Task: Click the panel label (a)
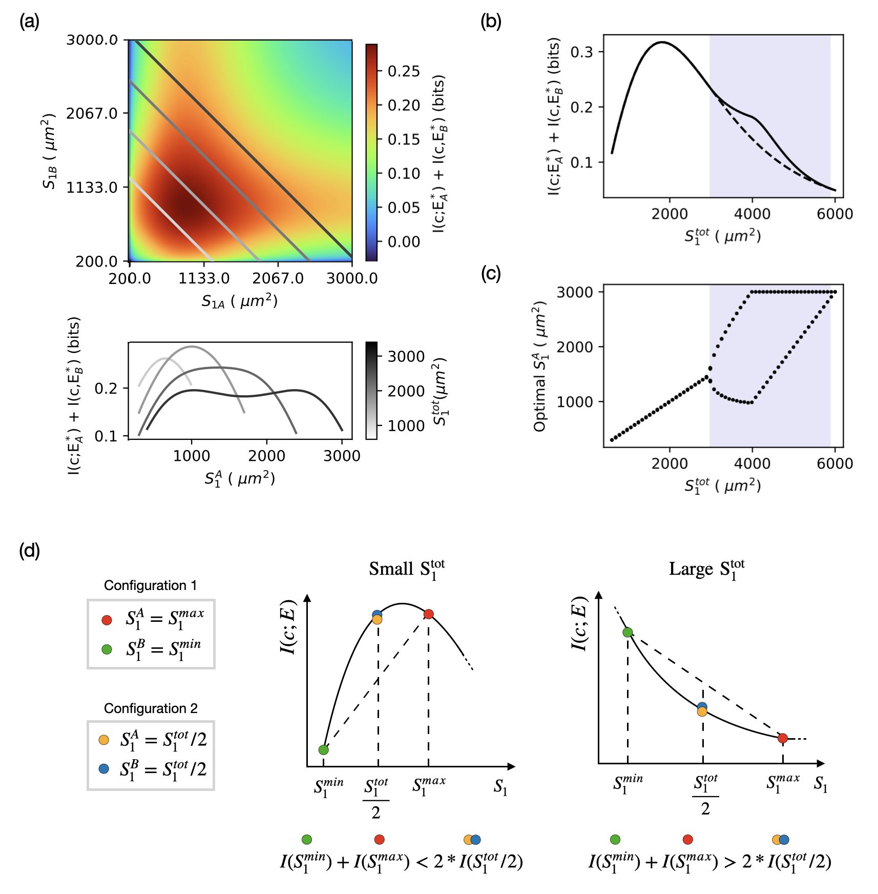tap(29, 22)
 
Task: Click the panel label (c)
tap(491, 273)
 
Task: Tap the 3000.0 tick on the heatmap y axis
tap(92, 40)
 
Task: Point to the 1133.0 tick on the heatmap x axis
tap(204, 278)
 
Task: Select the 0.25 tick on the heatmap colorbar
tap(404, 71)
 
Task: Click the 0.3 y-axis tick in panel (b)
tap(581, 52)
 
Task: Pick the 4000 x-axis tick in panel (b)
tap(752, 214)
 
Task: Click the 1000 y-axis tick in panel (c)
tap(575, 402)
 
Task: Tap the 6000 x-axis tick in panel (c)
tap(834, 463)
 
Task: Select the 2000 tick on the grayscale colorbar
tap(406, 391)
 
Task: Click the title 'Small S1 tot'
tap(407, 570)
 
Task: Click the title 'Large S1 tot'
tap(706, 570)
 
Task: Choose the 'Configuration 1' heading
tap(150, 585)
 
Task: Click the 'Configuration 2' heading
tap(151, 708)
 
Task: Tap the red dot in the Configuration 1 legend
tap(107, 620)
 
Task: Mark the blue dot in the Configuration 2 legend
tap(104, 769)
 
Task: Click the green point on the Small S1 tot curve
tap(323, 750)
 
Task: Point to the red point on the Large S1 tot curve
tap(782, 738)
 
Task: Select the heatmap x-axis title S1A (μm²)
tap(239, 301)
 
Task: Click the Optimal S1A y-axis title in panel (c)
tap(540, 367)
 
